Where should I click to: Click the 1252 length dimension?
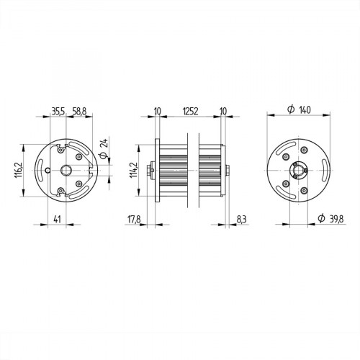(x=191, y=112)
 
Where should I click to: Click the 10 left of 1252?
(x=157, y=112)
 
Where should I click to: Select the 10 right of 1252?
(x=223, y=112)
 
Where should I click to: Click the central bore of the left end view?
(x=66, y=170)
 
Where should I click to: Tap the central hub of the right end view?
(x=297, y=171)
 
